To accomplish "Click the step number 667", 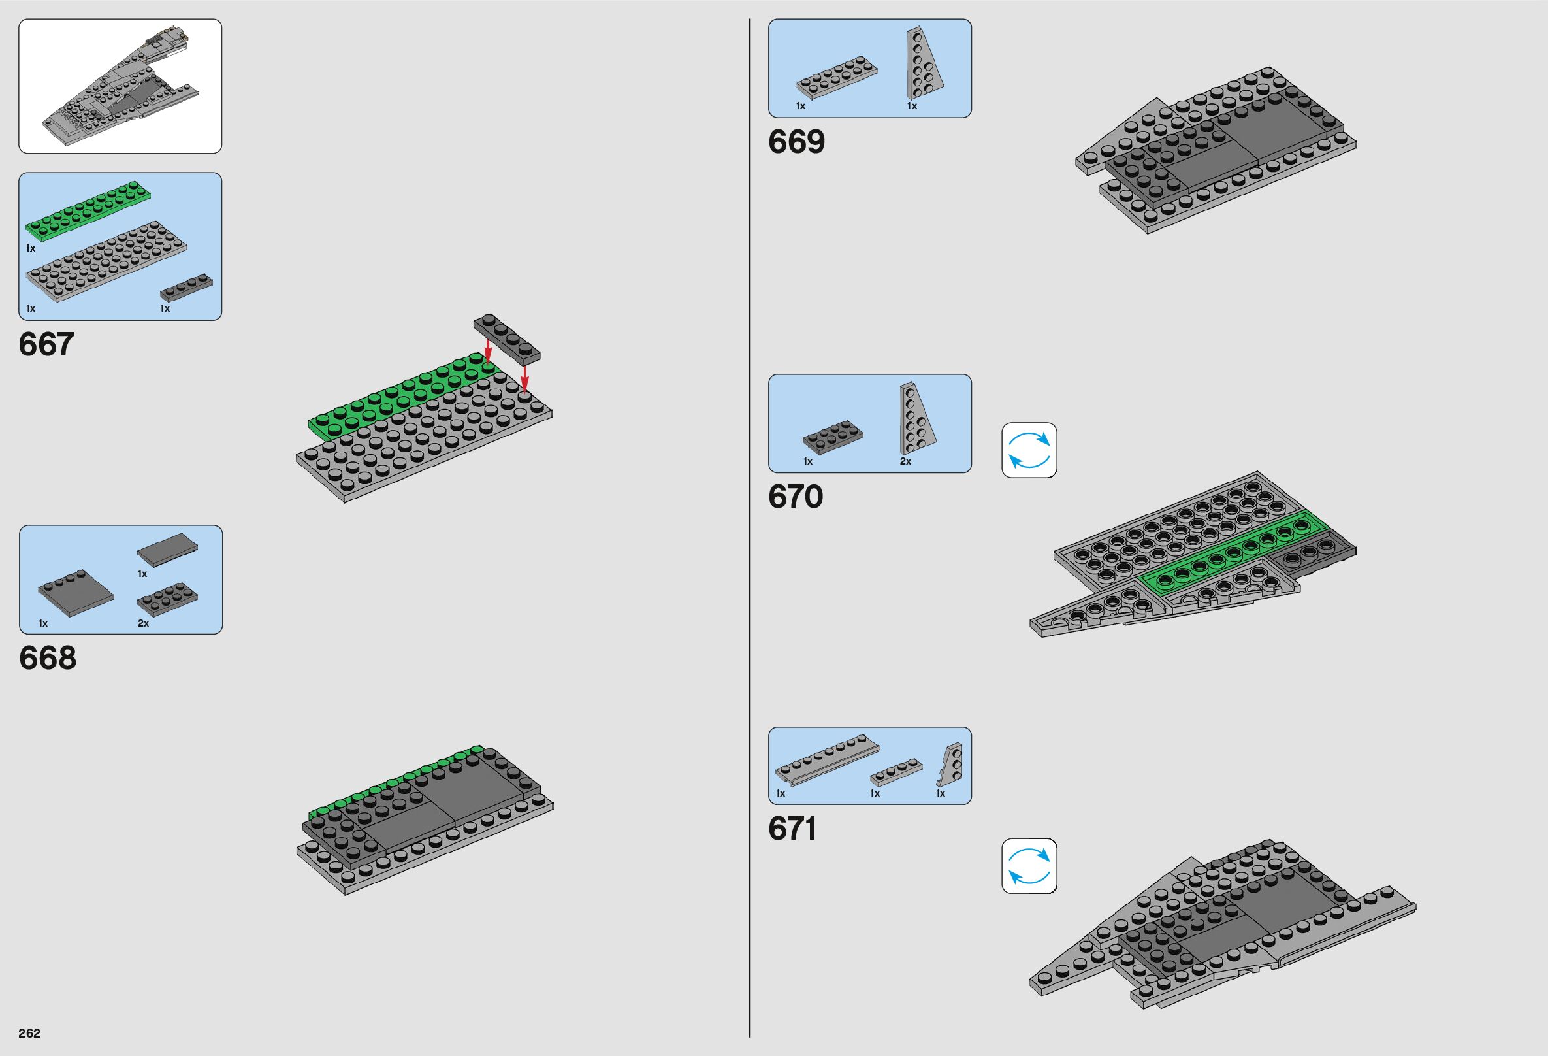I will tap(46, 344).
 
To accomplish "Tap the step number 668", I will tap(47, 657).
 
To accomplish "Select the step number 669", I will tap(796, 141).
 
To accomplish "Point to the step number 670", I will tap(796, 497).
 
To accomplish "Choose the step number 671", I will tap(792, 829).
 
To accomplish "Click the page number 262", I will tap(30, 1032).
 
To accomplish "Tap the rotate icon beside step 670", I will tap(1029, 450).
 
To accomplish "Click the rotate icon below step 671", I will tap(1029, 865).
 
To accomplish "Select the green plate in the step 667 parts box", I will tap(88, 210).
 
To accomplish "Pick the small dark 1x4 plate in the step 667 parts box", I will tap(187, 287).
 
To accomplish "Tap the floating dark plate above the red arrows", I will tap(507, 338).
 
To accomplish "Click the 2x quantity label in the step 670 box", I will tap(905, 461).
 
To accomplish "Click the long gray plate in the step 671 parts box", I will tap(828, 761).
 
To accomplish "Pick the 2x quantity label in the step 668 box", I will tap(143, 623).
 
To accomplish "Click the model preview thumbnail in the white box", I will tap(120, 86).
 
